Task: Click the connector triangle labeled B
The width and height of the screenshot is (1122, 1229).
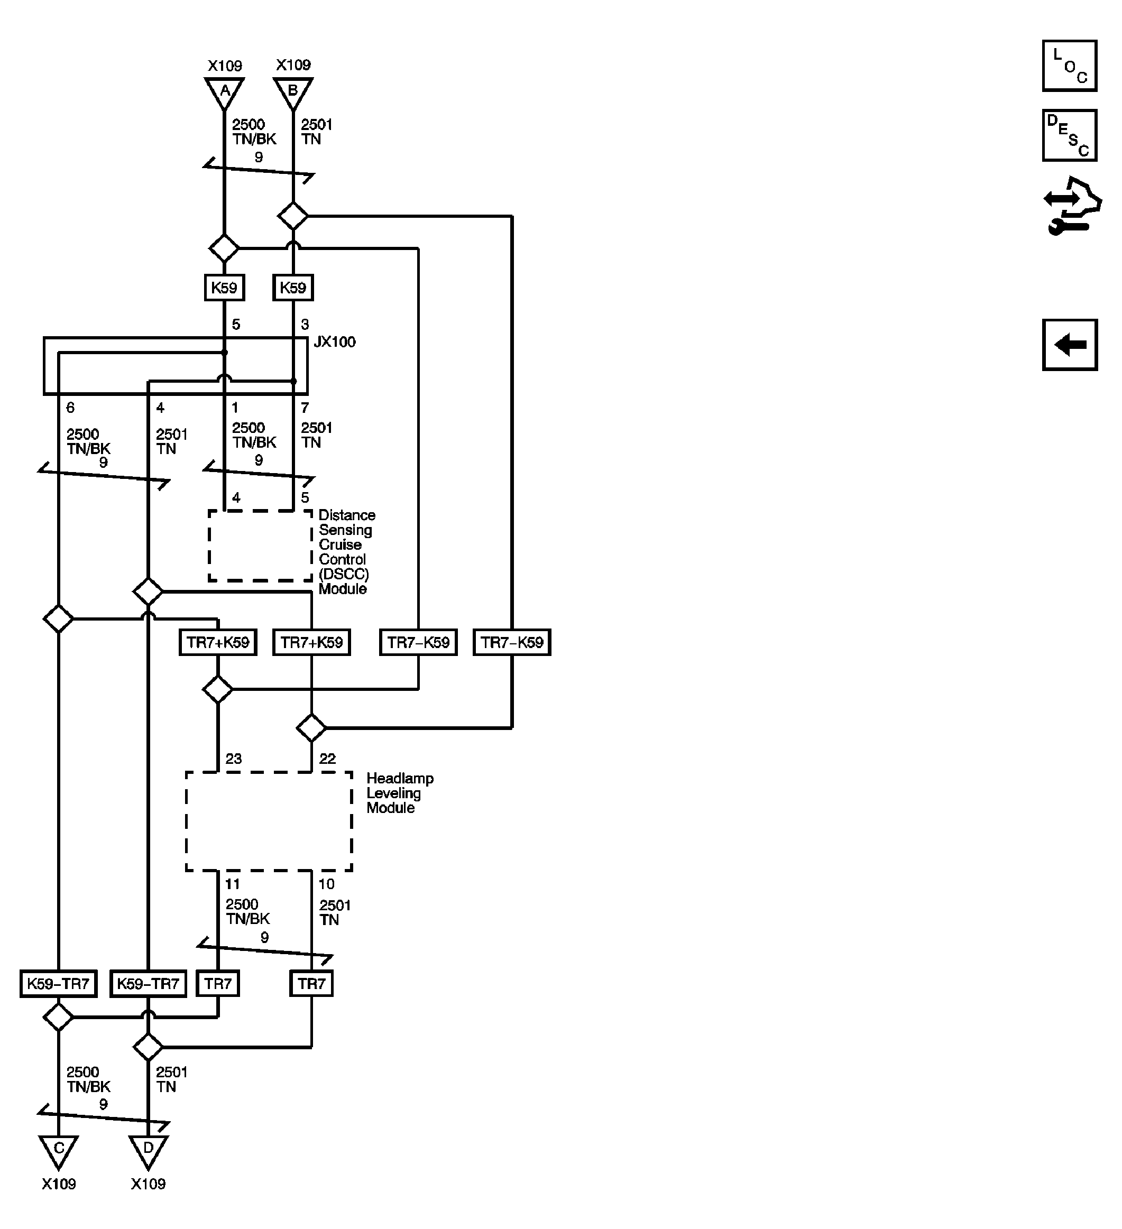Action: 293,92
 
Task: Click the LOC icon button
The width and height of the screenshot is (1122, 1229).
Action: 1069,66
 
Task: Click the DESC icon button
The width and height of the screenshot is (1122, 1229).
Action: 1069,135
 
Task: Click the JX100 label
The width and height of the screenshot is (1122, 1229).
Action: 334,342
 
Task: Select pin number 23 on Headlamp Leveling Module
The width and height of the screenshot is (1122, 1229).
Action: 234,759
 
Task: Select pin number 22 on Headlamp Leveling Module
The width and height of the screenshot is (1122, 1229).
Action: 327,759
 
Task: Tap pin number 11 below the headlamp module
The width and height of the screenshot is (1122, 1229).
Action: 232,884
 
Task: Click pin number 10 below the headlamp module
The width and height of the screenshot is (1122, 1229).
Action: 326,884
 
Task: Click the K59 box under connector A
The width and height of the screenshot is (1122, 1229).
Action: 224,288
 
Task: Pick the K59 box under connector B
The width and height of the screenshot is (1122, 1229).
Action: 293,288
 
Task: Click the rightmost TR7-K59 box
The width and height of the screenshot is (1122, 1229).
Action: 512,643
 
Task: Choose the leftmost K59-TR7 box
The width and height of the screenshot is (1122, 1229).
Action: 58,984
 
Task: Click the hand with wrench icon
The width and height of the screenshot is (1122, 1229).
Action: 1071,206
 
